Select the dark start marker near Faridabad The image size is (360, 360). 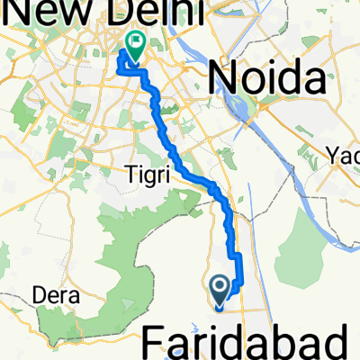tap(220, 290)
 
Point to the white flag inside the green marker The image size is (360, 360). tap(136, 40)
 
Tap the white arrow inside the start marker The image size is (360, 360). tap(220, 287)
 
